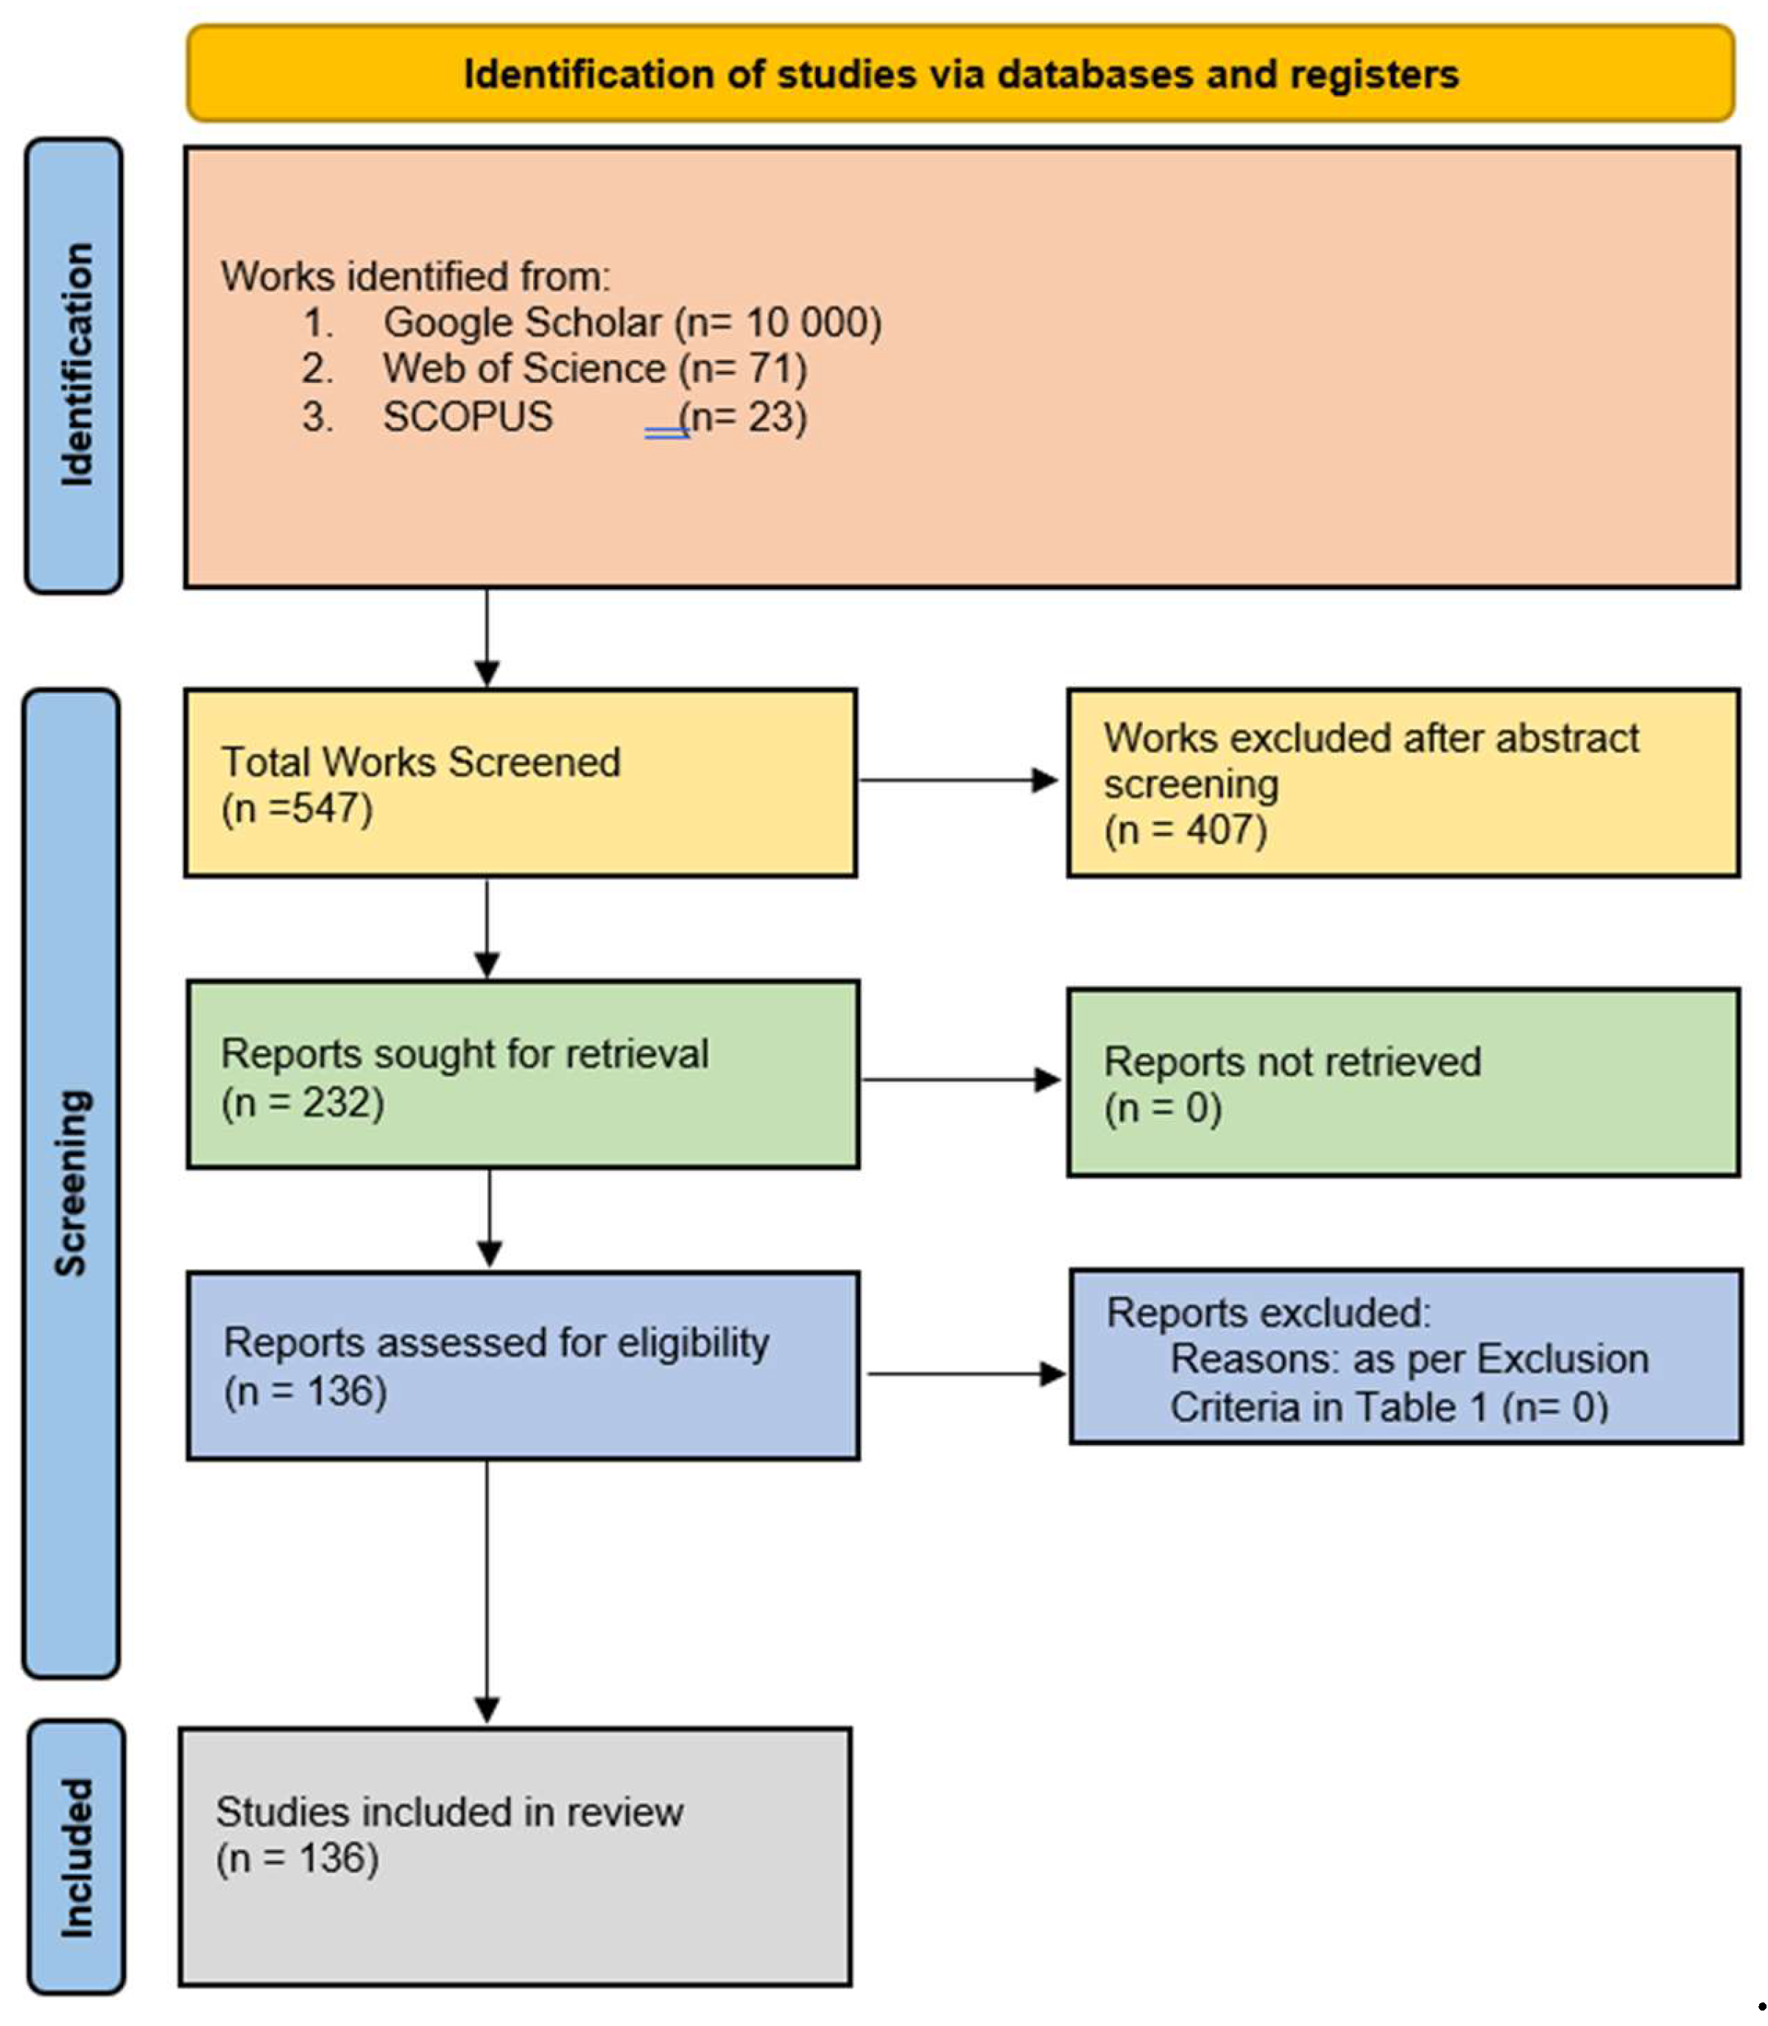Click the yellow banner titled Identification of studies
tap(960, 74)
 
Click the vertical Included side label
tap(76, 1857)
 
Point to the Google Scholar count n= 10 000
tap(778, 323)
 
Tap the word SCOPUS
tap(468, 416)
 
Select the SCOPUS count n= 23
tap(744, 416)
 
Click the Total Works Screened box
tap(520, 783)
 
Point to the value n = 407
tap(1185, 830)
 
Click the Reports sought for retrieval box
tap(523, 1074)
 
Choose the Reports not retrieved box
tap(1402, 1083)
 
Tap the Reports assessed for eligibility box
tap(523, 1366)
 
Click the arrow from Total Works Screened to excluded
tap(957, 781)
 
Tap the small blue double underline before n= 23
tap(667, 432)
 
